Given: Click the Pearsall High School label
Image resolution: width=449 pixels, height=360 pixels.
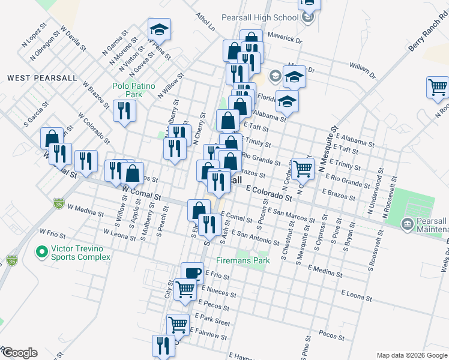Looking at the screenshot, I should [x=260, y=17].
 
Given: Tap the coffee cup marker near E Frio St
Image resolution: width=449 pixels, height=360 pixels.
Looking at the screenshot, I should [x=192, y=274].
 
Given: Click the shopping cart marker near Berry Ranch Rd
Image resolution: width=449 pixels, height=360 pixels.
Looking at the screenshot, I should [x=438, y=88].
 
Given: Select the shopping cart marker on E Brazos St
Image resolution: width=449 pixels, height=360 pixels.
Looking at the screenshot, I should [x=303, y=168].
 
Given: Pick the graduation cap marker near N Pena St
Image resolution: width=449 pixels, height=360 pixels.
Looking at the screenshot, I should [x=160, y=29].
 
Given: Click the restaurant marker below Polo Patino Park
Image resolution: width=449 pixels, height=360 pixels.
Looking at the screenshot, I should [x=125, y=110].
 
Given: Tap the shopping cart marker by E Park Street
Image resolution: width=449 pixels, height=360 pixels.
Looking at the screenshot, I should [x=178, y=325].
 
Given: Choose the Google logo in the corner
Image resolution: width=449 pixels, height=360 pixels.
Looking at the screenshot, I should [x=19, y=353].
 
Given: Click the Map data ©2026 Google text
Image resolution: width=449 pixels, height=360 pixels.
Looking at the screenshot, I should [x=411, y=355].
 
